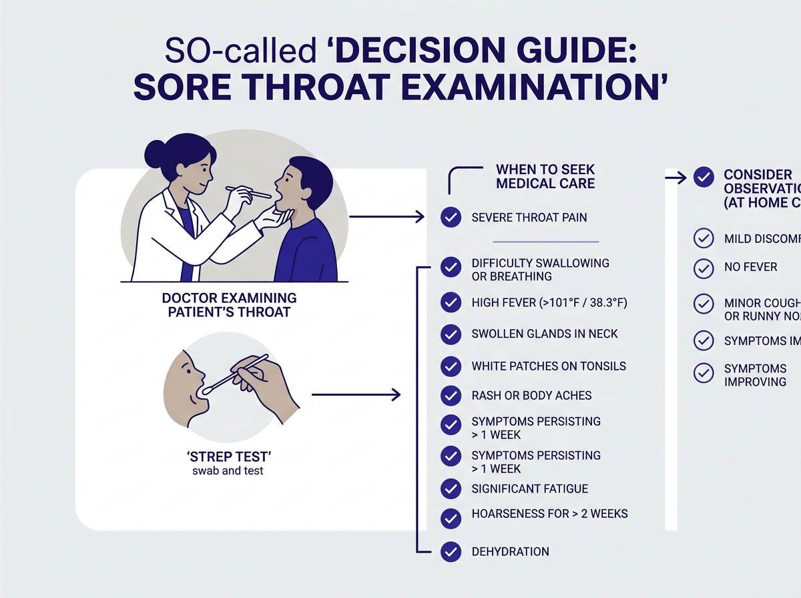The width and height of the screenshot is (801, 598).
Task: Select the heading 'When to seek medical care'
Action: click(x=545, y=176)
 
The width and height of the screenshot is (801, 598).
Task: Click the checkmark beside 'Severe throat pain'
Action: click(x=451, y=217)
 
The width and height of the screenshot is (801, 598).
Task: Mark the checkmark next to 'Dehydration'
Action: click(x=451, y=552)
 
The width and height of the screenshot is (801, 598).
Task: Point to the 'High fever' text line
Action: click(x=549, y=303)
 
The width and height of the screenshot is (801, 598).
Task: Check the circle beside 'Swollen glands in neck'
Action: click(x=451, y=334)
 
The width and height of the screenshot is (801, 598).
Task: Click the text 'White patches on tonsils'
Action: click(x=548, y=366)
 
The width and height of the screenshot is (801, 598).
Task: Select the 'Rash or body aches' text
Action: click(x=531, y=395)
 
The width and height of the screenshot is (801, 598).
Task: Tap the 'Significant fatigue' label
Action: click(x=529, y=489)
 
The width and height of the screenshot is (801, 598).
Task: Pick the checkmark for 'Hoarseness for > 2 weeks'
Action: click(x=451, y=517)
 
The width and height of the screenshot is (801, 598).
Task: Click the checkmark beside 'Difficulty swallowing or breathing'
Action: click(x=451, y=269)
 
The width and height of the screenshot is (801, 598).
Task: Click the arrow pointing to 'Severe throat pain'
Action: click(x=387, y=217)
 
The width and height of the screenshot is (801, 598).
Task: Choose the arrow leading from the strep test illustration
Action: click(x=356, y=395)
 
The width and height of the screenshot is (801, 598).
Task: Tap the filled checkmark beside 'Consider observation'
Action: click(x=704, y=177)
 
